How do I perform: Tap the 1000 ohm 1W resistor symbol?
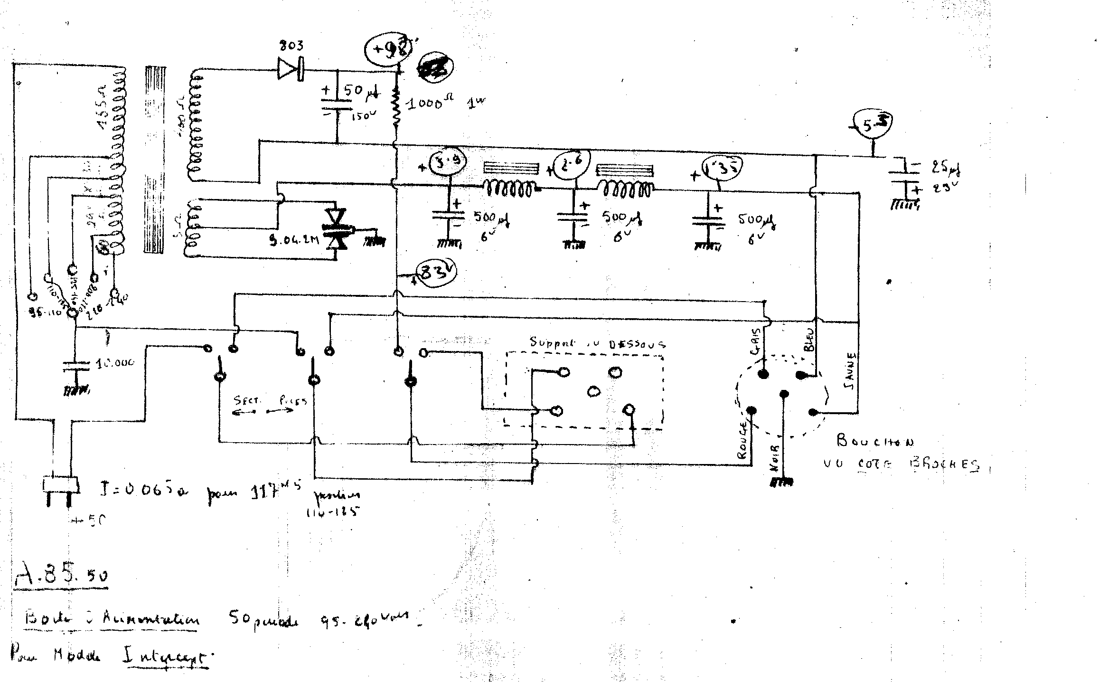coord(397,108)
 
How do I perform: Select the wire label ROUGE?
coord(743,442)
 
